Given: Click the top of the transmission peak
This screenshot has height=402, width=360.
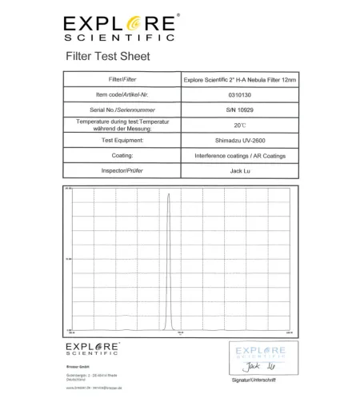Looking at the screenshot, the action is [x=168, y=193].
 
